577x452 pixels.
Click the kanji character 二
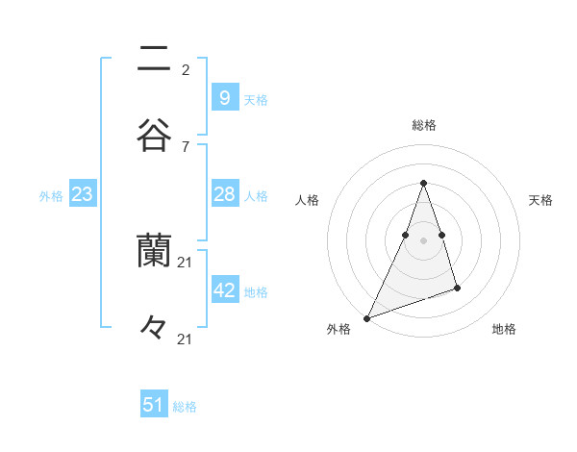pos(154,59)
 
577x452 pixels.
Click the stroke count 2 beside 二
pos(186,69)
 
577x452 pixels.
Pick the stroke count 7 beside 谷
pos(186,146)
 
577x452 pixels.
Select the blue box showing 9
pos(224,97)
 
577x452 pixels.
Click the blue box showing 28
pos(224,194)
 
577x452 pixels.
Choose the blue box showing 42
pos(224,289)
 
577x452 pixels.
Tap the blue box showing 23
pos(83,194)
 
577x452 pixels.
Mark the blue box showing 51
pos(154,405)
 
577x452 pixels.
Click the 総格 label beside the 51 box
pos(185,407)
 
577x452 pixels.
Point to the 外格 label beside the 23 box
pos(51,196)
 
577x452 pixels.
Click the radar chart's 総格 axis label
pos(423,125)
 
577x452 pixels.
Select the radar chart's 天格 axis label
pos(540,200)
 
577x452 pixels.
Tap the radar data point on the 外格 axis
pos(366,317)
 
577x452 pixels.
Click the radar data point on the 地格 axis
pos(457,288)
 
